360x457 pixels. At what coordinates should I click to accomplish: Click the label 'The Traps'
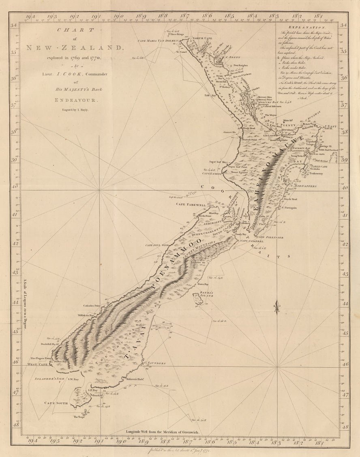pyautogui.click(x=78, y=416)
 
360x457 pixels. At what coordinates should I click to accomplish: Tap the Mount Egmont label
pyautogui.click(x=240, y=172)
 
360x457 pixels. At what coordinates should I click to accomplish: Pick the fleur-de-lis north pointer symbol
pyautogui.click(x=277, y=307)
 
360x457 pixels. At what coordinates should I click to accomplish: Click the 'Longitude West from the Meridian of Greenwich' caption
pyautogui.click(x=162, y=432)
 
